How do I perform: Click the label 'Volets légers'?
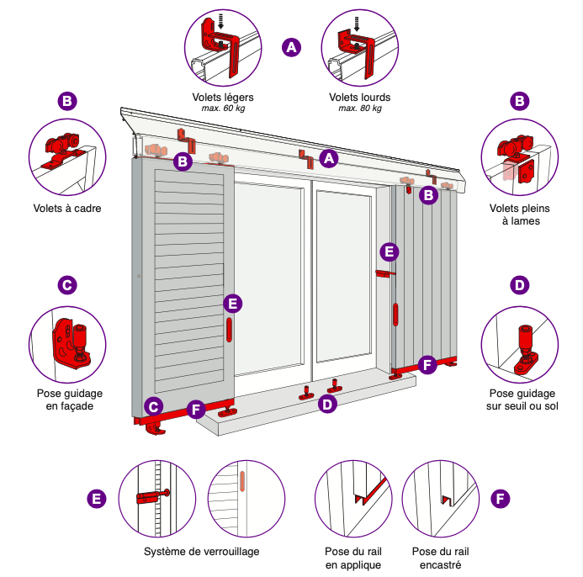pos(222,97)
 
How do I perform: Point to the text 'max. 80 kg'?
pos(359,109)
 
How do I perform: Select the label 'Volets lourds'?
pos(359,97)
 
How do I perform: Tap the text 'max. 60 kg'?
pos(222,109)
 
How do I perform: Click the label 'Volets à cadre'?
pos(67,208)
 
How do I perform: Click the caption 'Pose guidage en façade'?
pos(67,399)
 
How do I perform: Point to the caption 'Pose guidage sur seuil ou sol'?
pos(522,399)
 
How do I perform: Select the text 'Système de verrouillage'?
pos(201,552)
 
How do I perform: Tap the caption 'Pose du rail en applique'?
pos(353,558)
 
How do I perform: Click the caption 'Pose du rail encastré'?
pos(440,558)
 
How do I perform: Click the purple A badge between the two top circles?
pos(291,47)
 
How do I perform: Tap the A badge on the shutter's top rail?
pos(329,157)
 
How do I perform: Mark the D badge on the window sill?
pos(328,405)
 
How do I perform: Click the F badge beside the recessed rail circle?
pos(501,499)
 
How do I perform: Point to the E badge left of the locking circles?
pos(97,499)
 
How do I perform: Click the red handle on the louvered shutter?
pos(229,329)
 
